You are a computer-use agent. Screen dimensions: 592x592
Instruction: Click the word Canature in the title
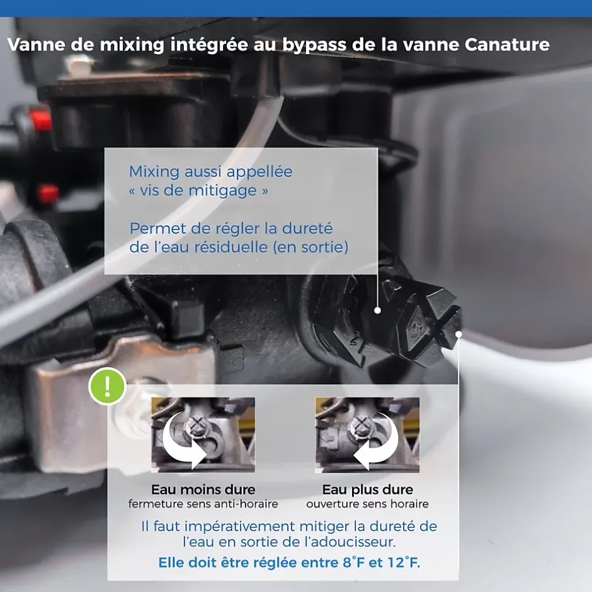tap(507, 45)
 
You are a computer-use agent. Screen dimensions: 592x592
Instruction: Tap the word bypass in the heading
tap(314, 45)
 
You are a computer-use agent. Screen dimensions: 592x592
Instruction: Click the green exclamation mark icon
tap(107, 386)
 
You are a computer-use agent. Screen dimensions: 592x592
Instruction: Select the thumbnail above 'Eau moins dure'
tap(203, 435)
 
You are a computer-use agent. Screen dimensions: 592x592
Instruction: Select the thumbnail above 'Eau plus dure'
tap(367, 435)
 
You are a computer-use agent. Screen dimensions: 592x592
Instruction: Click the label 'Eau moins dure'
tap(203, 490)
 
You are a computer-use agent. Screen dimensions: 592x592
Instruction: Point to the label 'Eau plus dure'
tap(367, 490)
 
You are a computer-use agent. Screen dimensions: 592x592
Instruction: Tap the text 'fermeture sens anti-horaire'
tap(203, 504)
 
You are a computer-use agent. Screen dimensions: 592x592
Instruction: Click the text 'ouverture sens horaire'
tap(367, 504)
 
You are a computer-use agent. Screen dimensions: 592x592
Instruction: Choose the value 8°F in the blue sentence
tap(354, 562)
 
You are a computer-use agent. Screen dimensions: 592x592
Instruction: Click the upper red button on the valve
tap(40, 118)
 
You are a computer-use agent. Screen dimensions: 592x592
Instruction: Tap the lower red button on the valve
tap(48, 193)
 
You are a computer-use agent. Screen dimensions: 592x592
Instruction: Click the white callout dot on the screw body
tap(377, 310)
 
